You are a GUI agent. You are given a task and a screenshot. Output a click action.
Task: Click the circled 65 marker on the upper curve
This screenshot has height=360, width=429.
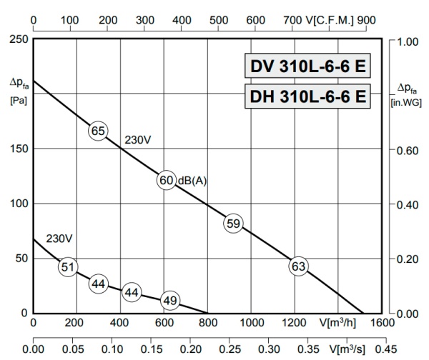(98, 131)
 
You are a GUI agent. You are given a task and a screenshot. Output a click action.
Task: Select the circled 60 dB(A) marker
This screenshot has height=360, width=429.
(166, 180)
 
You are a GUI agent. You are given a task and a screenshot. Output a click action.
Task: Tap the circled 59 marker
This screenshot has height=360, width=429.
(233, 224)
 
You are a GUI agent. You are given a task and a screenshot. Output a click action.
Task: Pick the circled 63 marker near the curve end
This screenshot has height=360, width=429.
(298, 267)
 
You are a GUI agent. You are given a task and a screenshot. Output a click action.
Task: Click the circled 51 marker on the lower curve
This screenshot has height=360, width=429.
(67, 267)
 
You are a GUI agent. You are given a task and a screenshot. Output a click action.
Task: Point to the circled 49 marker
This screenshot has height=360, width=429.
(169, 301)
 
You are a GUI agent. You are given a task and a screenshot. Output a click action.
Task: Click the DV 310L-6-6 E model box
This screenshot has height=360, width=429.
(307, 67)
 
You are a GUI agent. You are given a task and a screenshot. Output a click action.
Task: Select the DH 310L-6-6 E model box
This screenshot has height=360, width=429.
(307, 96)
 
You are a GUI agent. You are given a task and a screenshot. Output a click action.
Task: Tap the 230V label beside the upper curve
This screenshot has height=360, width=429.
(138, 140)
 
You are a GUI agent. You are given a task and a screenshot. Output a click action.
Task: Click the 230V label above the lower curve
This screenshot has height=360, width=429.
(59, 239)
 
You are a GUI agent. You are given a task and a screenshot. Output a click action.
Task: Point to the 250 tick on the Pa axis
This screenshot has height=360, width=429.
(19, 39)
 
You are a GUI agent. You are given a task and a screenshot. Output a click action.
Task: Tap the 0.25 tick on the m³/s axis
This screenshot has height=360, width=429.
(229, 349)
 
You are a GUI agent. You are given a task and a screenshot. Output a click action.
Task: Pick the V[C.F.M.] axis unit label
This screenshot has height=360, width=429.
(332, 21)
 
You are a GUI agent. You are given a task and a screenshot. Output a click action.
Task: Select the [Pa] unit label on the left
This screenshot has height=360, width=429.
(18, 100)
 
